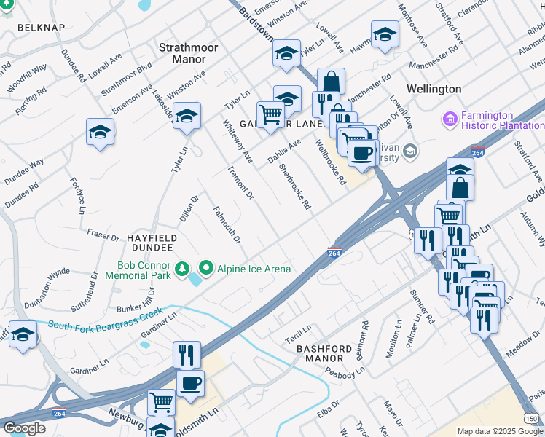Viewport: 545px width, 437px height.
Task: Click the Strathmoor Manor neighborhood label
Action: pyautogui.click(x=188, y=52)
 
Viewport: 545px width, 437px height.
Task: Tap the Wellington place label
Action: pyautogui.click(x=434, y=89)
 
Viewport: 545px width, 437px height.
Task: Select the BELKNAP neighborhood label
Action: pyautogui.click(x=41, y=28)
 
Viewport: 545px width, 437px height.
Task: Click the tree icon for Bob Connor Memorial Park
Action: pyautogui.click(x=182, y=270)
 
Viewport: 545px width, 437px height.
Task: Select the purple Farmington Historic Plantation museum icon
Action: pyautogui.click(x=450, y=117)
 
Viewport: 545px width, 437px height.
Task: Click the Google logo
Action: pyautogui.click(x=24, y=428)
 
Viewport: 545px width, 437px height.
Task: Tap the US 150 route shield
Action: pyautogui.click(x=533, y=418)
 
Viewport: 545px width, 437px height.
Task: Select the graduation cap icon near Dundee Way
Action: pyautogui.click(x=100, y=132)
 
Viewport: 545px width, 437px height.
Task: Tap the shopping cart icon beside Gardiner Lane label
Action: pyautogui.click(x=270, y=114)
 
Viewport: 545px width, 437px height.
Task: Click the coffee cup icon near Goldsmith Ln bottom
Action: pyautogui.click(x=190, y=382)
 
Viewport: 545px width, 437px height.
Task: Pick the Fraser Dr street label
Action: pyautogui.click(x=103, y=237)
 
